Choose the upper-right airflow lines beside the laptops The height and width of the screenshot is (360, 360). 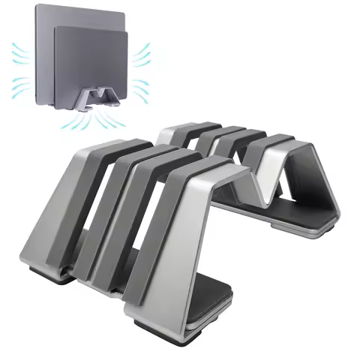142,54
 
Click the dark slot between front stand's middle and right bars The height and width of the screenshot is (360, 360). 161,195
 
